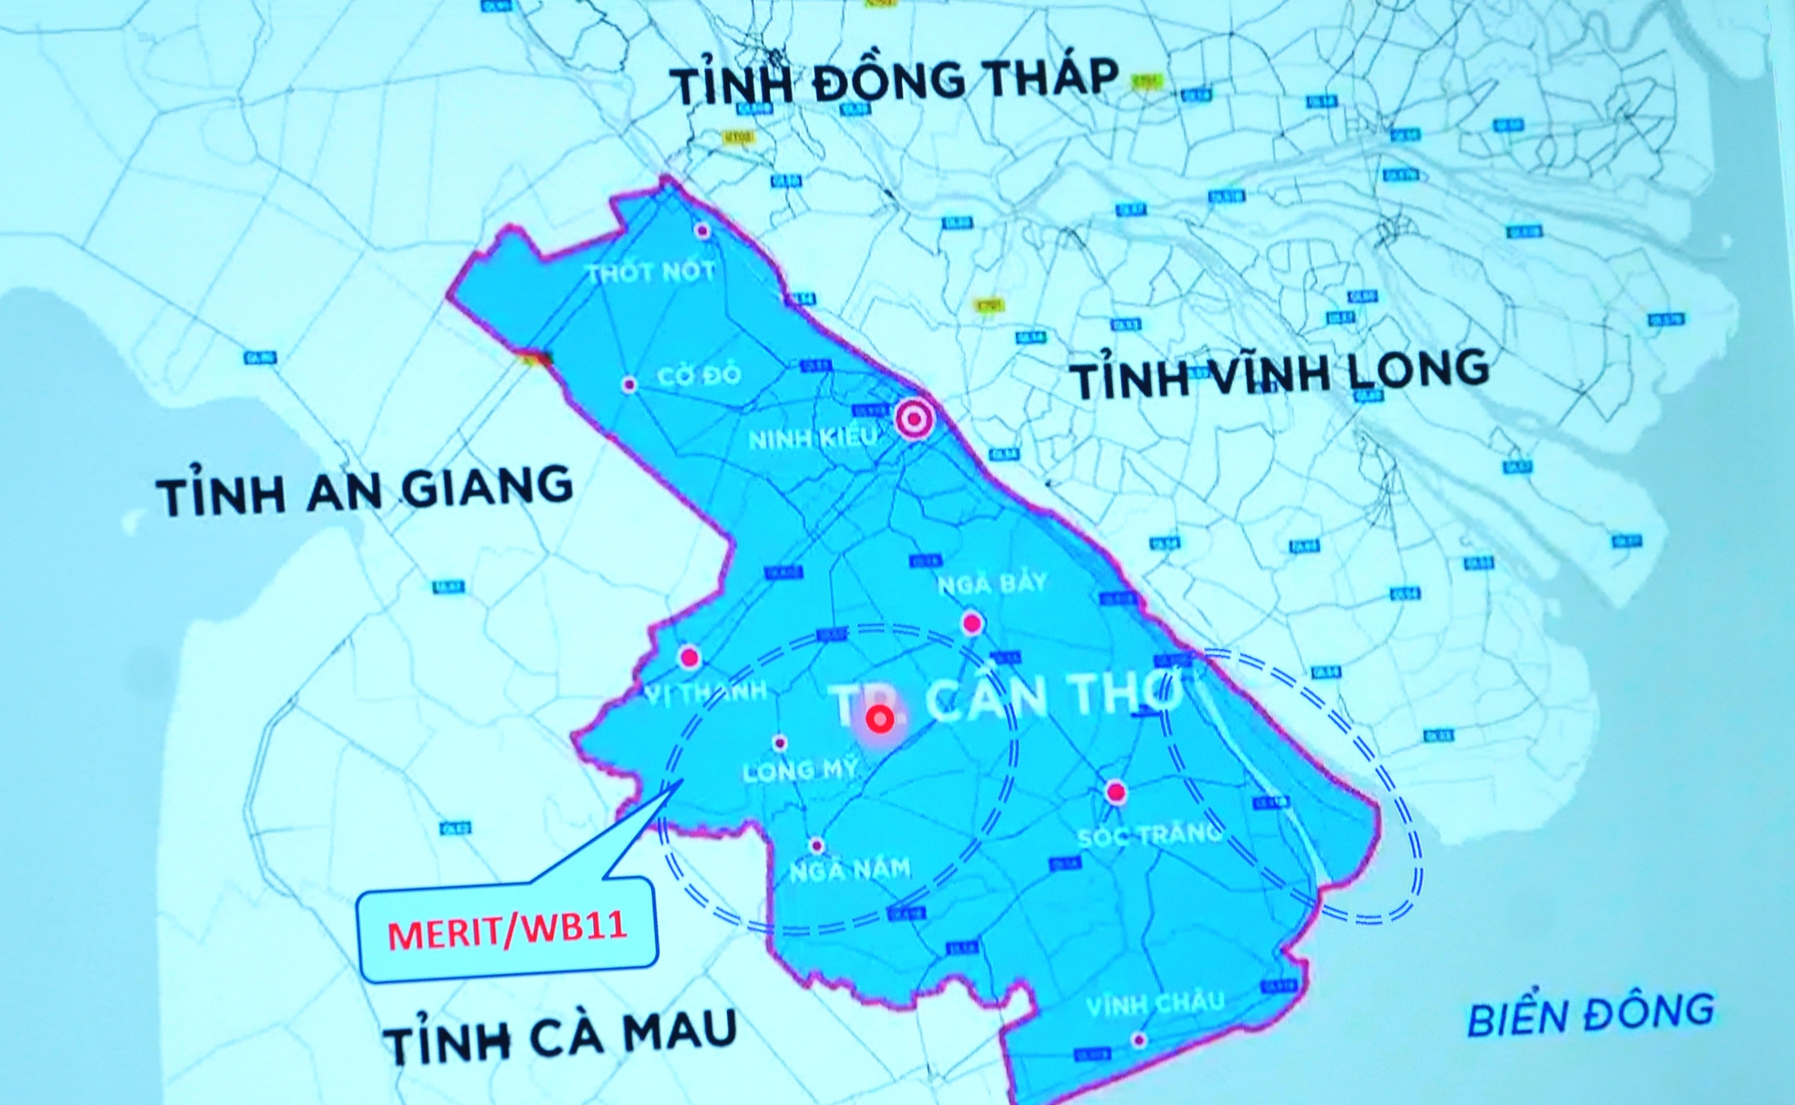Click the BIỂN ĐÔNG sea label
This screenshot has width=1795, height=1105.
point(1589,1013)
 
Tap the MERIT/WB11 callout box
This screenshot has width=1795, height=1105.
point(507,932)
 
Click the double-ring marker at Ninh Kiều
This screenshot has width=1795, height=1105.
point(915,418)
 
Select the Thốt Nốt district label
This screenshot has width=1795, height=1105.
point(651,271)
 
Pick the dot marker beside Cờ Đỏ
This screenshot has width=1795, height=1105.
point(629,385)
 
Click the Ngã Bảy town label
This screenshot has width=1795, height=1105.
point(993,584)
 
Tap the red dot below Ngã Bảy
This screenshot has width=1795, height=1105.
point(972,622)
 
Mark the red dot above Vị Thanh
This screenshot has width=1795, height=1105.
point(689,658)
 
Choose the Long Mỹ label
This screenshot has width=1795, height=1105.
point(800,770)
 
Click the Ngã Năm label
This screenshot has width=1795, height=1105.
point(849,869)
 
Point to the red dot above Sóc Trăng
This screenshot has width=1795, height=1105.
point(1116,793)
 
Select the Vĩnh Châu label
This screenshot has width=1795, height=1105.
point(1154,1003)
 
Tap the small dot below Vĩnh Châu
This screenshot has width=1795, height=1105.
point(1139,1040)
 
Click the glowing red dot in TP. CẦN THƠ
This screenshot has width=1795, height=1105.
point(880,718)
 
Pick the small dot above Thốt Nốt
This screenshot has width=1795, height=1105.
point(703,231)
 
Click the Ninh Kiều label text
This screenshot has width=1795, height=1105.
point(812,439)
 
